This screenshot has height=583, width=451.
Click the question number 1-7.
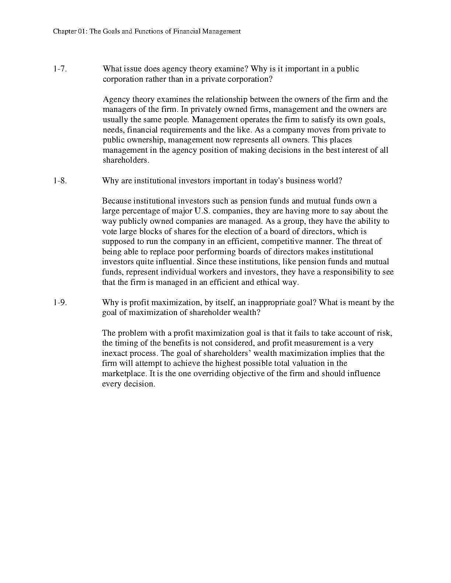pyautogui.click(x=60, y=69)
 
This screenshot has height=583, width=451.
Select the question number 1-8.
pyautogui.click(x=60, y=181)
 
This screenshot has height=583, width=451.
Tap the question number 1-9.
pyautogui.click(x=60, y=303)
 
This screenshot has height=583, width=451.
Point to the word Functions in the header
pyautogui.click(x=148, y=31)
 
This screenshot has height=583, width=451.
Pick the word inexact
pyautogui.click(x=115, y=353)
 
